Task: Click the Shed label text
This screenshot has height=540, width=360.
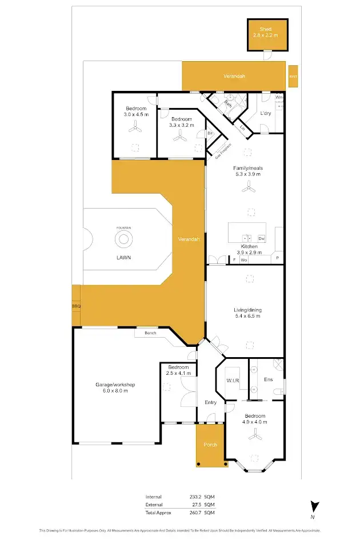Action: tap(265, 29)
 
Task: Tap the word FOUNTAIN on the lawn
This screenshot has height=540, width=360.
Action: tap(124, 228)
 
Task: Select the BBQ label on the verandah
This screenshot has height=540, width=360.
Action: tap(76, 307)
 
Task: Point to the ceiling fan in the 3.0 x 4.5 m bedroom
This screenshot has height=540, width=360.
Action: tap(135, 130)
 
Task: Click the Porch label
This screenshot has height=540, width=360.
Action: tap(210, 445)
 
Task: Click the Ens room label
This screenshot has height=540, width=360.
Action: tap(268, 378)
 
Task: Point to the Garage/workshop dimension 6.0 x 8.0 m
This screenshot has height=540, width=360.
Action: tap(115, 392)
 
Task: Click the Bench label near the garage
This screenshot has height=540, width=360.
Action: tap(150, 333)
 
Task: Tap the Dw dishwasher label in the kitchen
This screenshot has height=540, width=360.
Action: tap(262, 238)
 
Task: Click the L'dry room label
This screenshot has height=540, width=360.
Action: tap(265, 113)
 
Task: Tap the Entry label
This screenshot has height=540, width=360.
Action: tap(210, 402)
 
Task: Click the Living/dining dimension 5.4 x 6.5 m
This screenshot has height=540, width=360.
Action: tap(247, 316)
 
